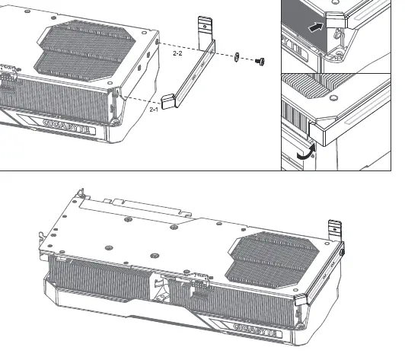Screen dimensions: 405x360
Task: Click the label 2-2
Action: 177,53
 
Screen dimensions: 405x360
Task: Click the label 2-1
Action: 154,110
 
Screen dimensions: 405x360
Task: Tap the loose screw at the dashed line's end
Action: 260,62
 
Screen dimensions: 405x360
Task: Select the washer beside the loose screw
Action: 237,57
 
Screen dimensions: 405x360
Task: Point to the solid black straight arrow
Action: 316,27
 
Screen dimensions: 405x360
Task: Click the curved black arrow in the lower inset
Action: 307,152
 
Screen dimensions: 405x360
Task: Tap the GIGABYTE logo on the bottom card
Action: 257,330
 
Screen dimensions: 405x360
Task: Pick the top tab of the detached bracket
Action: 205,33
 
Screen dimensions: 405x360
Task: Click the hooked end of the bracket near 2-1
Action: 168,102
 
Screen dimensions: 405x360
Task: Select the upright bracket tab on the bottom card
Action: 335,231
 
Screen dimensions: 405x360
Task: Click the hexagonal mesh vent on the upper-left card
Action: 85,50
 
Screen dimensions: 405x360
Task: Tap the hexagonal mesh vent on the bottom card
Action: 272,259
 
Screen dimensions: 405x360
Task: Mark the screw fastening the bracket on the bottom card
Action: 342,252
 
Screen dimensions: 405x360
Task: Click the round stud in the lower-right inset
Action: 333,98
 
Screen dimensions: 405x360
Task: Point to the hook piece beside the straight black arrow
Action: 336,20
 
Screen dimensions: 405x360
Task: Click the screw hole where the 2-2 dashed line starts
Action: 157,42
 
